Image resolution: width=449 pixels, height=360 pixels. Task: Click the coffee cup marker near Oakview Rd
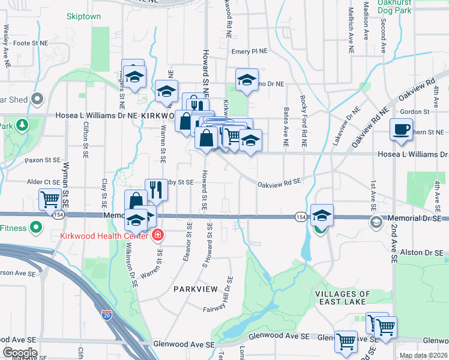click(x=401, y=128)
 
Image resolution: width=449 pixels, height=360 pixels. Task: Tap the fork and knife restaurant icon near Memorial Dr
click(x=156, y=189)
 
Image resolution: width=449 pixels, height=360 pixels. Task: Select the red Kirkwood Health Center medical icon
click(x=157, y=235)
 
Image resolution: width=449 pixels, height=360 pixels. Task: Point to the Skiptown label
click(x=83, y=17)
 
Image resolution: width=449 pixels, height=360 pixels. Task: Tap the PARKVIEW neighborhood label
click(x=194, y=289)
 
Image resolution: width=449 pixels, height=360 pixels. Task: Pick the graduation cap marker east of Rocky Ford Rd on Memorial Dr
click(x=322, y=215)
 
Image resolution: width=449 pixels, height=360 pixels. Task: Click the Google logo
click(x=20, y=353)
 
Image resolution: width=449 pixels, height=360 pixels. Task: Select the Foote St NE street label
click(x=30, y=43)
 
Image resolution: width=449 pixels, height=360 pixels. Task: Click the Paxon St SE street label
click(x=43, y=161)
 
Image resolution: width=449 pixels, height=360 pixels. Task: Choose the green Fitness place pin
click(x=36, y=228)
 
